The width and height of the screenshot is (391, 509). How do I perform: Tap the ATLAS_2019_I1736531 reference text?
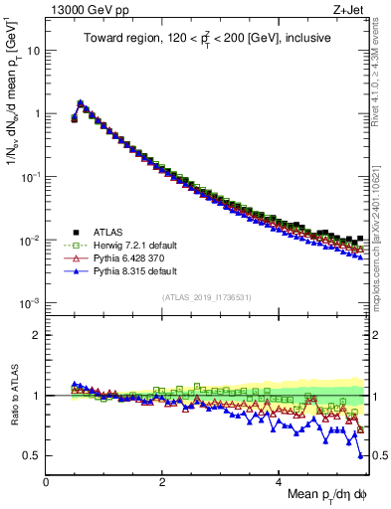(x=206, y=297)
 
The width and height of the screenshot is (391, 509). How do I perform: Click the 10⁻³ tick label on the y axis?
(x=30, y=303)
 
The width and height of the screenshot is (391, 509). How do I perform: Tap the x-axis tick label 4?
(x=279, y=481)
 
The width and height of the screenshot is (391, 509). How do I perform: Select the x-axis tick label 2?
(x=162, y=481)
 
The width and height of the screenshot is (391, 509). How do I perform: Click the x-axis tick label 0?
(x=46, y=481)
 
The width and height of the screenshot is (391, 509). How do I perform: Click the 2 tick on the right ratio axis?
(x=374, y=335)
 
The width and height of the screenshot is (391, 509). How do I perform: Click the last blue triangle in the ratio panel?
(x=360, y=455)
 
